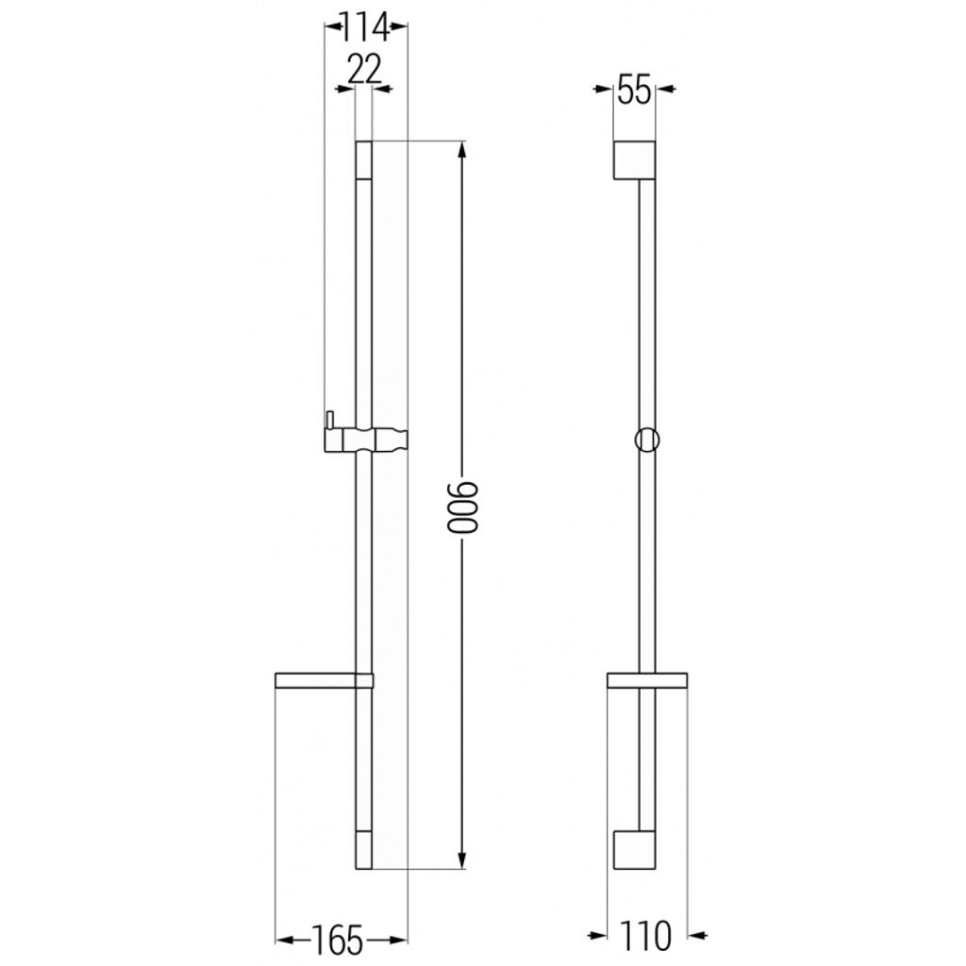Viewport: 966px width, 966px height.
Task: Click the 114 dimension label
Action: click(x=365, y=27)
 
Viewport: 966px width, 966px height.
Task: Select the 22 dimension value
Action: click(x=365, y=69)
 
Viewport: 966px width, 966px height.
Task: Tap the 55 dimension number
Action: click(x=634, y=91)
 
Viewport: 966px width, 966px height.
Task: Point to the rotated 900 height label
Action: click(x=462, y=507)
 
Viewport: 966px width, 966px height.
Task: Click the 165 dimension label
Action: click(x=338, y=941)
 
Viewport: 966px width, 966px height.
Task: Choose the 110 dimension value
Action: click(x=645, y=936)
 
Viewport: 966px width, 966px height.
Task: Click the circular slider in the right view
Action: click(x=647, y=440)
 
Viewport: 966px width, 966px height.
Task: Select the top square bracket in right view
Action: click(x=634, y=160)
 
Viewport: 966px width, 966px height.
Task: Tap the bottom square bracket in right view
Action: click(x=634, y=850)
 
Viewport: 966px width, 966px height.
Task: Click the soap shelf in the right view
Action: click(x=647, y=680)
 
